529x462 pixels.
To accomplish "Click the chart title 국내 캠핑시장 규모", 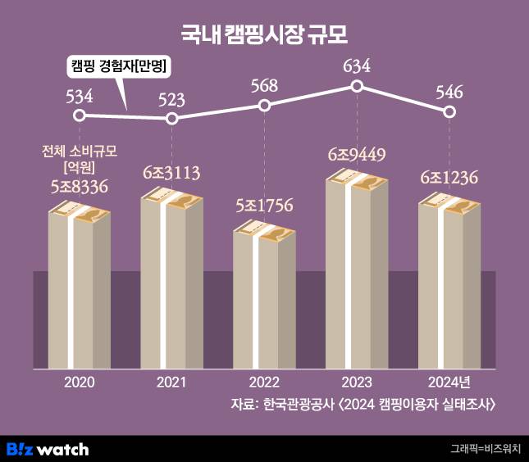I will [264, 34].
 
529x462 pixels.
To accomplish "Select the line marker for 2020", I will [79, 115].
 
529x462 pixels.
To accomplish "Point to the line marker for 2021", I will [171, 119].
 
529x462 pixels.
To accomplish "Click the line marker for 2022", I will [264, 105].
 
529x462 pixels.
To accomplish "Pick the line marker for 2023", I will [357, 86].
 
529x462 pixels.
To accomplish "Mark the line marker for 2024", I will [449, 111].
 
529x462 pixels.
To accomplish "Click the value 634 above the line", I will [357, 66].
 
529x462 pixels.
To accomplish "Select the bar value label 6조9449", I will [357, 154].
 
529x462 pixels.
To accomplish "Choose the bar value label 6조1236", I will [449, 178].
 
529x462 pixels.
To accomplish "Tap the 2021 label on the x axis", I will [171, 382].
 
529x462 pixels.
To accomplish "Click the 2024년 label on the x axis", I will [449, 382].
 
